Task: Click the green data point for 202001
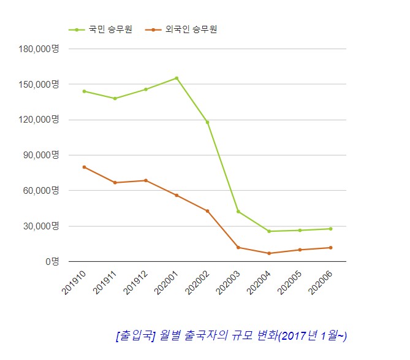[177, 78]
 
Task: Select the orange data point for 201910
[84, 167]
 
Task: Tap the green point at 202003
[238, 212]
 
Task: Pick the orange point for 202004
[269, 253]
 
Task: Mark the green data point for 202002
[207, 122]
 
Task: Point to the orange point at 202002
[207, 211]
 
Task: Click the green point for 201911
[115, 98]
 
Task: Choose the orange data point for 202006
[330, 248]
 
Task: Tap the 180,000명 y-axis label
[38, 48]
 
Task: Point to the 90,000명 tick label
[40, 155]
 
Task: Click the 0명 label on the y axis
[51, 261]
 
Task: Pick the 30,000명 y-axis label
[40, 226]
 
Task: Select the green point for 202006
[330, 229]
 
